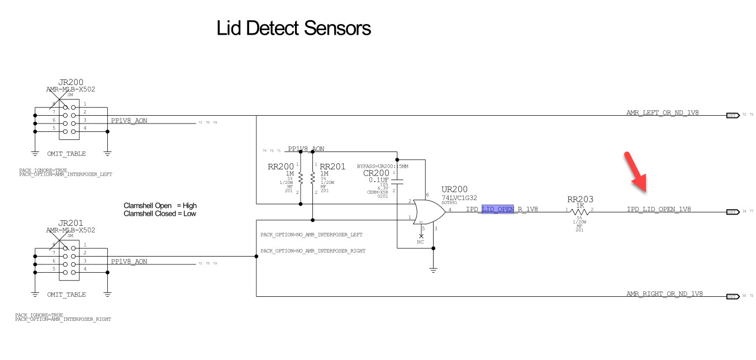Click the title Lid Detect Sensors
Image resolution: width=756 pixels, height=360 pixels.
[293, 28]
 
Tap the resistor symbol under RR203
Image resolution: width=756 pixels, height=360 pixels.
[581, 212]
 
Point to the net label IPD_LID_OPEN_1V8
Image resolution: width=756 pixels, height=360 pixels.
[658, 209]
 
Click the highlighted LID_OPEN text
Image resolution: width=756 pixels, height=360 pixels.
[498, 209]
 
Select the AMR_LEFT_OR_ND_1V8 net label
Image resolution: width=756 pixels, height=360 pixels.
[662, 112]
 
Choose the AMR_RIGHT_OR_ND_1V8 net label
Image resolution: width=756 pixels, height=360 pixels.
[664, 293]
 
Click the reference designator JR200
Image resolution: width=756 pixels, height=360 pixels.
[70, 82]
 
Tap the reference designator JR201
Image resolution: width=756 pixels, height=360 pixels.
[70, 223]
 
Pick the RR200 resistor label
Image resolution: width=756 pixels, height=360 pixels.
[281, 167]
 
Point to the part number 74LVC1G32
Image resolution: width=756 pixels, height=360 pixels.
[459, 197]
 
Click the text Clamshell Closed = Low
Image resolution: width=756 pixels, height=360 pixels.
[160, 214]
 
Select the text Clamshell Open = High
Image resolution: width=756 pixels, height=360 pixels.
[160, 205]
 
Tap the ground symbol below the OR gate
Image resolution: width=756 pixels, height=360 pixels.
[432, 270]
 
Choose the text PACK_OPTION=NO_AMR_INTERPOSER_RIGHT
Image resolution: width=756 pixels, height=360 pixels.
[313, 251]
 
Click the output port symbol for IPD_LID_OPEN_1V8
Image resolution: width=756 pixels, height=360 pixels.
[731, 212]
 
